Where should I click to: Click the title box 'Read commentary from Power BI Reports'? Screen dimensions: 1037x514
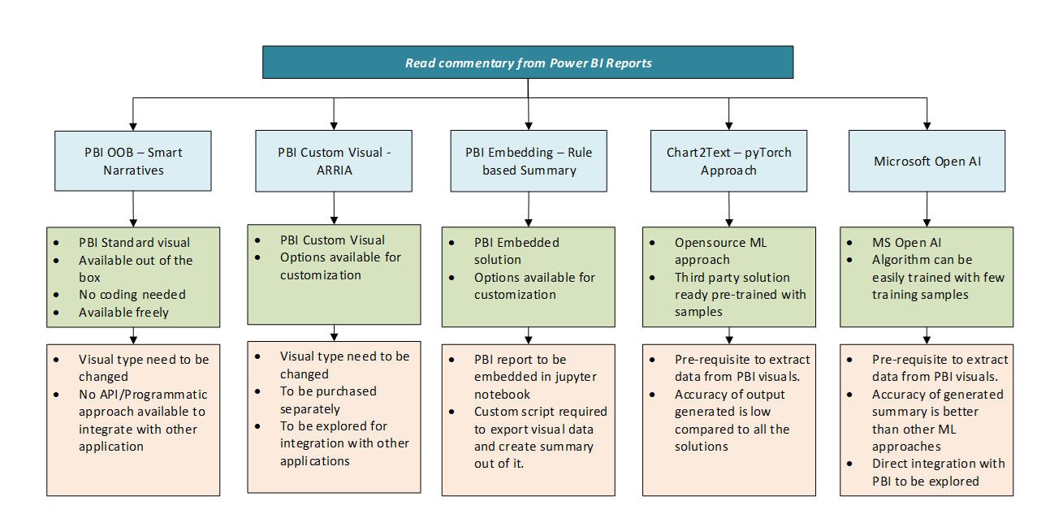click(x=528, y=62)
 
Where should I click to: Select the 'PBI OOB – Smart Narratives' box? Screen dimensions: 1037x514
click(x=133, y=161)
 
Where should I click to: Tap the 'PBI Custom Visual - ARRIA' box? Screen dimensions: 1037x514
click(x=334, y=161)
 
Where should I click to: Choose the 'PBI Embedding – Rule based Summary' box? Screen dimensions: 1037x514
click(x=529, y=161)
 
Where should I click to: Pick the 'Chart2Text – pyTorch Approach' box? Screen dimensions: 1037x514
click(x=728, y=161)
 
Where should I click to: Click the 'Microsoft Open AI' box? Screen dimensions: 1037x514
click(x=927, y=161)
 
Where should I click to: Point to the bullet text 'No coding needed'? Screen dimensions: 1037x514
click(x=132, y=295)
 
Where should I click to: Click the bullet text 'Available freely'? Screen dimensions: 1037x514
click(x=123, y=313)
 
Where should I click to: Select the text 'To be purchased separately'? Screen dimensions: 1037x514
click(x=328, y=400)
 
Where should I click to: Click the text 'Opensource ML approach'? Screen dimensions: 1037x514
click(x=720, y=251)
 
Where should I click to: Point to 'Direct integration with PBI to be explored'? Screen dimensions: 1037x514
click(x=939, y=473)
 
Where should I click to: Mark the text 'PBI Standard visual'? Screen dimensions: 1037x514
click(x=134, y=243)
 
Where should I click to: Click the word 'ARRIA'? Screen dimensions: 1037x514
click(x=335, y=171)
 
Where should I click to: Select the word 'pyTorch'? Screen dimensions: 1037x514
click(x=768, y=153)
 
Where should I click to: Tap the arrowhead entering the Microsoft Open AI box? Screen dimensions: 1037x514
click(x=927, y=126)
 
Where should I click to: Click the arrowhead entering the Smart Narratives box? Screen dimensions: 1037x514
click(x=133, y=127)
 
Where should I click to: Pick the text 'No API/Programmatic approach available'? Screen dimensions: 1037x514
click(x=143, y=403)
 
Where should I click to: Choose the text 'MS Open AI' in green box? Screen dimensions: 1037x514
click(x=906, y=243)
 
